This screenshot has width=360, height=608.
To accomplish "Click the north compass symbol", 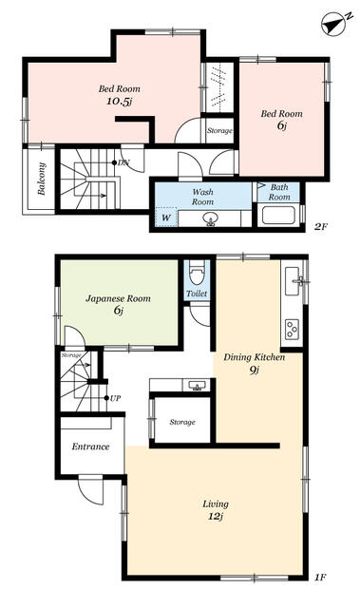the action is click(x=335, y=24).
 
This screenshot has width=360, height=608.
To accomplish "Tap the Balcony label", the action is click(x=42, y=179).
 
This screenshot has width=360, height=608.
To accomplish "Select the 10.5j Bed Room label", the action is click(x=120, y=95).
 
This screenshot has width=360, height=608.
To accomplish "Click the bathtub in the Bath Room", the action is click(x=278, y=216).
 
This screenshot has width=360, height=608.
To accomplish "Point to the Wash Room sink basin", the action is click(x=211, y=219).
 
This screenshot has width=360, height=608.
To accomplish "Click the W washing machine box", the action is click(x=166, y=218).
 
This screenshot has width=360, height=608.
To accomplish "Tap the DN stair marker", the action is click(x=122, y=162).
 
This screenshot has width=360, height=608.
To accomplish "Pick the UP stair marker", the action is click(x=113, y=398).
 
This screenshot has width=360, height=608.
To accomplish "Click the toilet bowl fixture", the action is click(x=197, y=275).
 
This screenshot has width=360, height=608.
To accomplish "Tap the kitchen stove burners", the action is click(x=292, y=330).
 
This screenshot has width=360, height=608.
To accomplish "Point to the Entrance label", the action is click(x=90, y=446).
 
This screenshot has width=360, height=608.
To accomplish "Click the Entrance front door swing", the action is click(x=91, y=489).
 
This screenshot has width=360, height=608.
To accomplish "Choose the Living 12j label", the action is click(x=216, y=510).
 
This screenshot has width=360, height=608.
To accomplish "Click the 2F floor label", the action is click(x=320, y=227).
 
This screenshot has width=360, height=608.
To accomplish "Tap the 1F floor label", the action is click(x=320, y=578).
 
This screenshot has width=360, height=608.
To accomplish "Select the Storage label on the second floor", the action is click(x=219, y=131).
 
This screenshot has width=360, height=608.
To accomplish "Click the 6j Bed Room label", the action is click(x=282, y=120).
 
